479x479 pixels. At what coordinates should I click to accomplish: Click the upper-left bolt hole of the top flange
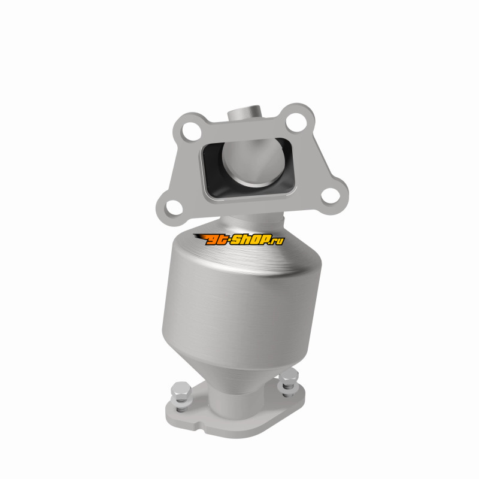191,132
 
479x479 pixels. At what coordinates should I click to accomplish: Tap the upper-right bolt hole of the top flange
296,122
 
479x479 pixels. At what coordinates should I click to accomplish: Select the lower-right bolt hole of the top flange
331,196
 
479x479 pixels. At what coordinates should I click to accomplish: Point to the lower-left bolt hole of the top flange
173,208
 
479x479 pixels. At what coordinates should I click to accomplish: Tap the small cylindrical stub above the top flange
245,114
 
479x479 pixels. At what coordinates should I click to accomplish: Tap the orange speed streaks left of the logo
199,237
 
